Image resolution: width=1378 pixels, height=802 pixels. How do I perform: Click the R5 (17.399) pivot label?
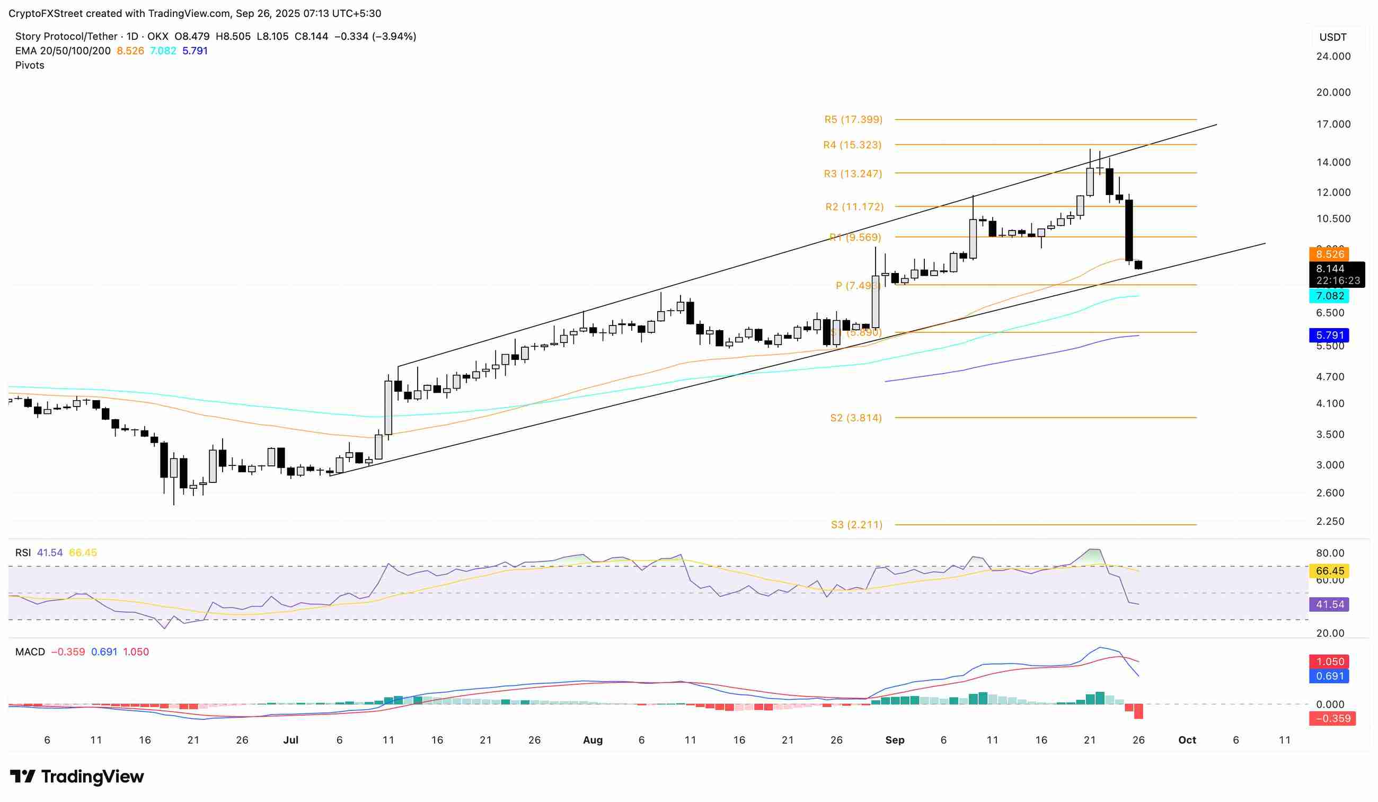853,119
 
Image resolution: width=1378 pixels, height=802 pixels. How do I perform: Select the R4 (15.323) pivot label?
852,145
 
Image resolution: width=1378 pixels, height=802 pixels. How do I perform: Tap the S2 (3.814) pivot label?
856,418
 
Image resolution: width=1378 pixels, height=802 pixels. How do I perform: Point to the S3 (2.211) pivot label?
856,525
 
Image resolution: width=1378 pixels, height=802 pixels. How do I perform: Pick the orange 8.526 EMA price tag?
1329,254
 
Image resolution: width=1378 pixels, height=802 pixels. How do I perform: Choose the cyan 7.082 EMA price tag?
1329,296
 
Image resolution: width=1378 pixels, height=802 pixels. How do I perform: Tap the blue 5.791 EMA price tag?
1329,335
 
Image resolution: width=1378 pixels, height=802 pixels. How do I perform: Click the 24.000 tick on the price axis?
1332,56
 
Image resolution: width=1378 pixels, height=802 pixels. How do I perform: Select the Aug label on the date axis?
593,740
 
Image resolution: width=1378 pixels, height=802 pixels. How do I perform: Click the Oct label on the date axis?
1187,740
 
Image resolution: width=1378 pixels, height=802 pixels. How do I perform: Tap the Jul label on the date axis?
291,740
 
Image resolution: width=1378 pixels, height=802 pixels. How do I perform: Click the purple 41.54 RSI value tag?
1329,604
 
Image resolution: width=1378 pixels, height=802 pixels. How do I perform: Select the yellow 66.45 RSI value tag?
1329,571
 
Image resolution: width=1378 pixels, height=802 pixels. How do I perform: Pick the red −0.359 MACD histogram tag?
1332,718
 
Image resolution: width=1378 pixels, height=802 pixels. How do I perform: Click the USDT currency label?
1332,37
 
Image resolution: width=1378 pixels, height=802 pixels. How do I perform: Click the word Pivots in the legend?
30,65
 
